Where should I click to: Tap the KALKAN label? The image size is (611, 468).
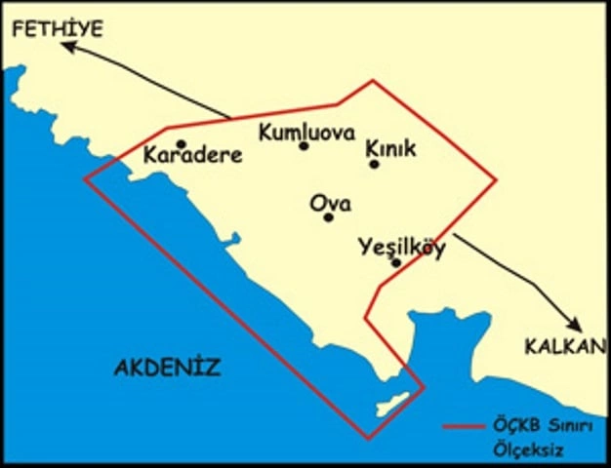(x=565, y=346)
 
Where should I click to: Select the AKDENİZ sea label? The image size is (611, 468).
(x=167, y=368)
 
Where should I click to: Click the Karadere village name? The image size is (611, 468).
(x=192, y=156)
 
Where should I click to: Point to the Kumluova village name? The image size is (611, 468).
(x=305, y=132)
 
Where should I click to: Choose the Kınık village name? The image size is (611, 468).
(x=390, y=148)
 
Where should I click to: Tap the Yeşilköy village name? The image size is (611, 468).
(x=401, y=247)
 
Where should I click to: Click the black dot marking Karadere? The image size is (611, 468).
(x=181, y=144)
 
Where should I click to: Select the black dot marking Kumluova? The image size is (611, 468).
(x=304, y=146)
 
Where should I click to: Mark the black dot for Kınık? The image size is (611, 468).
(x=374, y=164)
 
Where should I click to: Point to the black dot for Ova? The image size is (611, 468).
(x=328, y=216)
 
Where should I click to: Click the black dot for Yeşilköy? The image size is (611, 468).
(x=395, y=262)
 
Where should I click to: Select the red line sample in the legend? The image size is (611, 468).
(x=464, y=427)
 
